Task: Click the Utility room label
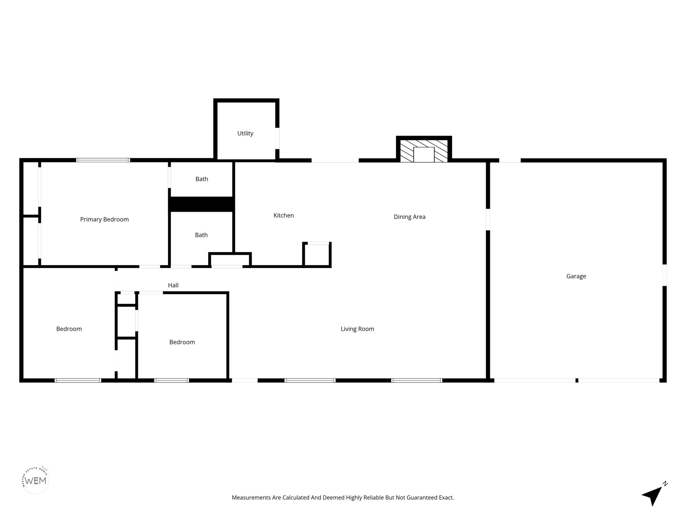coord(245,134)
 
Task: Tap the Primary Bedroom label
coord(104,219)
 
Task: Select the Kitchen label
coord(284,216)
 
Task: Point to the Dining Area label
coord(410,217)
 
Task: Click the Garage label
coord(576,276)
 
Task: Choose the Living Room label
coord(357,329)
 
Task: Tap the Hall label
coord(173,285)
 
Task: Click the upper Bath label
coord(202,179)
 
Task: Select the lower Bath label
coord(201,235)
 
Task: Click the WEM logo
coord(35,480)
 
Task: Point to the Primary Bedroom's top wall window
coord(103,160)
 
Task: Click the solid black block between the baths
coord(202,204)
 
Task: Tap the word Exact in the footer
coord(446,497)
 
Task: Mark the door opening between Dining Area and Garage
coord(488,220)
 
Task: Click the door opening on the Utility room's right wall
coord(277,138)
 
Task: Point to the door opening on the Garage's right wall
coord(664,275)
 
